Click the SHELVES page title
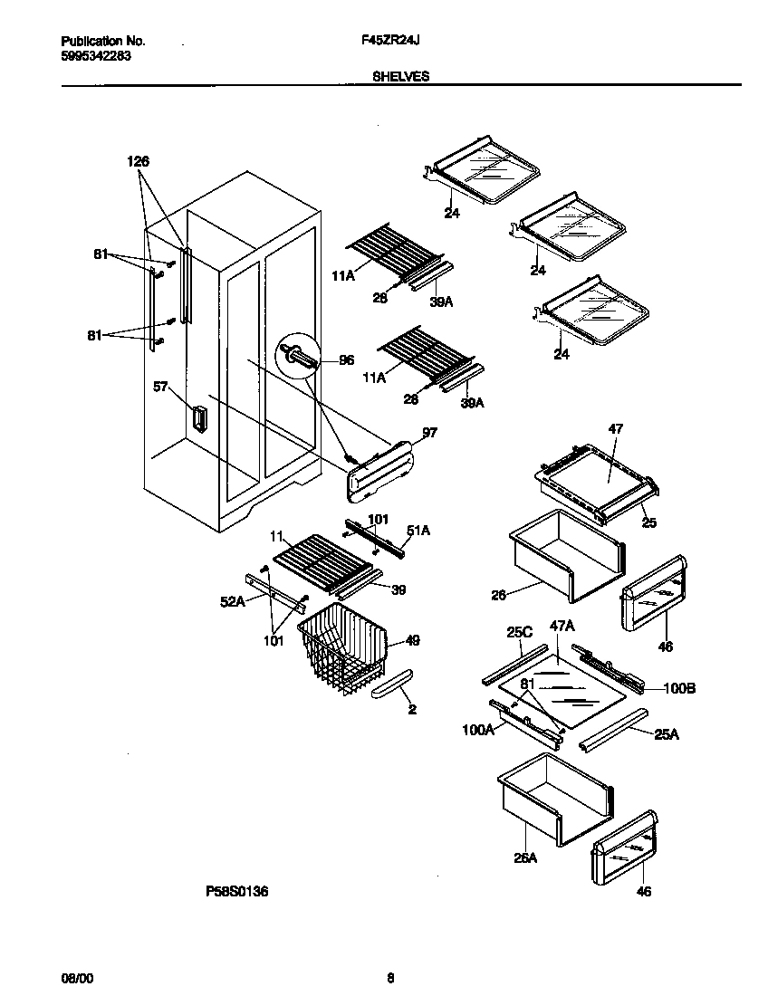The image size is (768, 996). tap(400, 78)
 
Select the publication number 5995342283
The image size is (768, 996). tap(96, 55)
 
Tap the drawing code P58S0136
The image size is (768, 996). tap(236, 892)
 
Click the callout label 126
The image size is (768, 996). tap(138, 161)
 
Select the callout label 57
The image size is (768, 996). tap(160, 387)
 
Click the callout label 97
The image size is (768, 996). tap(429, 434)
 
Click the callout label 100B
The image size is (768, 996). tap(679, 689)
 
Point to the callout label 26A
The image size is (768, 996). tap(526, 857)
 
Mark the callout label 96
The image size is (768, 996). tap(346, 360)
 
